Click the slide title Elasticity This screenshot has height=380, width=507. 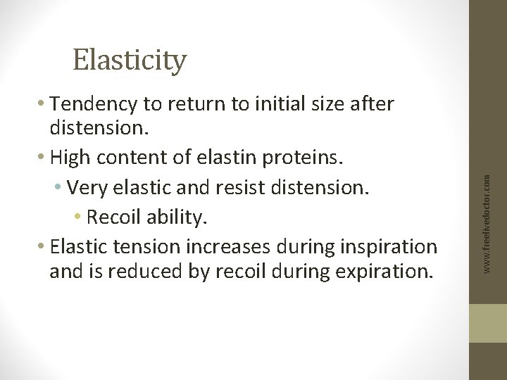(x=130, y=61)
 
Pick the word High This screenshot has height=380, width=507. (x=73, y=159)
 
